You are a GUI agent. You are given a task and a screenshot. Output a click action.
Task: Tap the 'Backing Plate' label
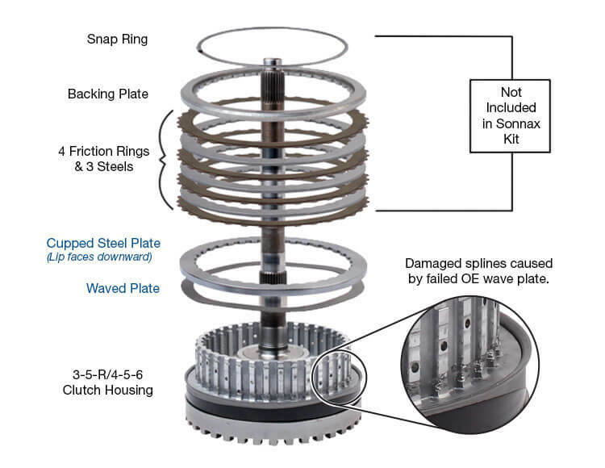[108, 94]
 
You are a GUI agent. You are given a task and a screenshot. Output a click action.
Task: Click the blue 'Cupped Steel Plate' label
[103, 243]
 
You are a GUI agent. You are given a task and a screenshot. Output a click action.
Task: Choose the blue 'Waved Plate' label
[124, 288]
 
